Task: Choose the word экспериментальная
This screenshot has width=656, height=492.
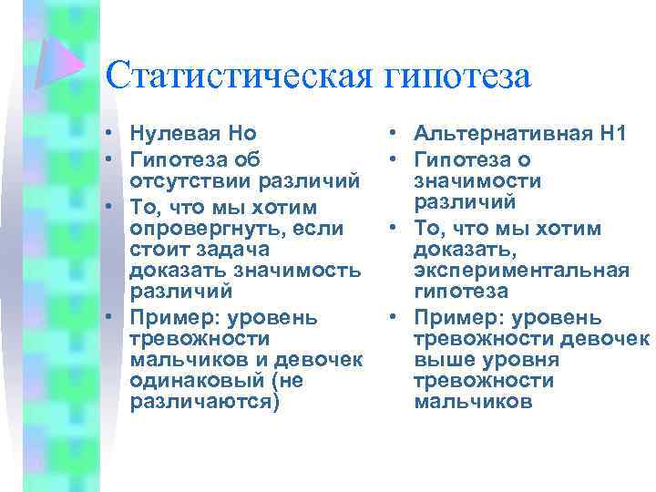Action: tap(520, 271)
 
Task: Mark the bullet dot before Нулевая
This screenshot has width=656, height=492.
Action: tap(108, 135)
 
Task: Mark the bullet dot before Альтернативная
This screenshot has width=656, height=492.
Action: tap(390, 135)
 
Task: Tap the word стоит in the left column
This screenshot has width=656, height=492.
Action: tap(158, 248)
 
